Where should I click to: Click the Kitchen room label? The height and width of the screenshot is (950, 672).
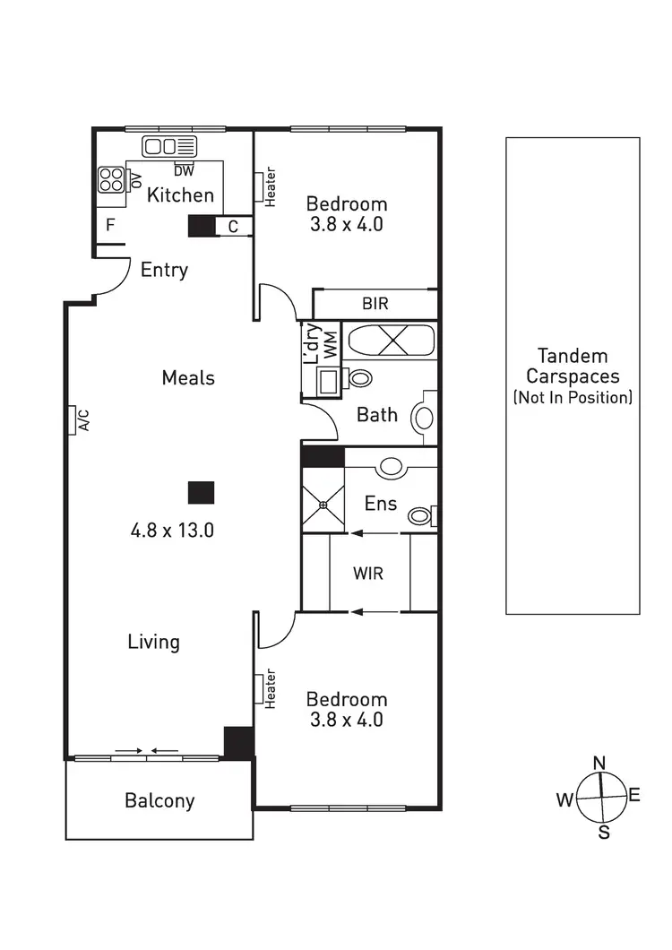click(x=180, y=194)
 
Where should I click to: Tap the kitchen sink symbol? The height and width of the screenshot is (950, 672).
click(x=169, y=147)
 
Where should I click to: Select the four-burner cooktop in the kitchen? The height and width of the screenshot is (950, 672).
click(x=111, y=180)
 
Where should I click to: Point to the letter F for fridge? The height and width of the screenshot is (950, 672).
click(x=110, y=225)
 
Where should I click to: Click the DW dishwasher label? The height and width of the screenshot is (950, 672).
click(x=184, y=170)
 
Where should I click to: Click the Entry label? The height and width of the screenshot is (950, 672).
click(x=164, y=270)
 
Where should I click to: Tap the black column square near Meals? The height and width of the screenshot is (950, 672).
click(x=201, y=492)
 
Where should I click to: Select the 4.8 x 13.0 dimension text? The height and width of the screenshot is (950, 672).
click(x=172, y=530)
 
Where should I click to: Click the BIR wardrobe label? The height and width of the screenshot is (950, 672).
click(x=375, y=304)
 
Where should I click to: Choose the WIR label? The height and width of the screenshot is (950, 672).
click(x=368, y=573)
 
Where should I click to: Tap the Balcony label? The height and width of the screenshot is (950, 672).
click(x=159, y=800)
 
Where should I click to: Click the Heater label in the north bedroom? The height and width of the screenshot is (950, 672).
click(x=271, y=188)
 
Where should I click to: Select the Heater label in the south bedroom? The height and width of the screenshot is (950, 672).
click(x=270, y=689)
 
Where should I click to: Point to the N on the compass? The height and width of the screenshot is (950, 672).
click(x=600, y=763)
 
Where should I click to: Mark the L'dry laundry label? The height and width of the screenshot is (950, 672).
click(x=312, y=343)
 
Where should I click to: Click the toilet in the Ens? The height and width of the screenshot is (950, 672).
click(x=419, y=516)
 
